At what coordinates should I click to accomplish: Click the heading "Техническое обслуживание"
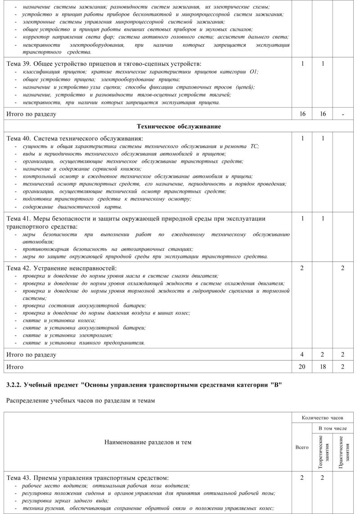pyautogui.click(x=179, y=126)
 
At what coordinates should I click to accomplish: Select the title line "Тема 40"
pyautogui.click(x=75, y=139)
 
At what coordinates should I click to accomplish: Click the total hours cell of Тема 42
pyautogui.click(x=302, y=268)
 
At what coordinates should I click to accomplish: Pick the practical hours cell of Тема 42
pyautogui.click(x=343, y=268)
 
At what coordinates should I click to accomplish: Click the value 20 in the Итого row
pyautogui.click(x=302, y=367)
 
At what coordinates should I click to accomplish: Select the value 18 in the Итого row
pyautogui.click(x=323, y=367)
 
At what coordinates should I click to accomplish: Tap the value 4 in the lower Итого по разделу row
pyautogui.click(x=302, y=355)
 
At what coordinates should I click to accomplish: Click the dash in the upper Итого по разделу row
pyautogui.click(x=343, y=114)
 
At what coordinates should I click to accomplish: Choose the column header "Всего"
pyautogui.click(x=302, y=447)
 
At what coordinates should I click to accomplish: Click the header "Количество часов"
pyautogui.click(x=323, y=418)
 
